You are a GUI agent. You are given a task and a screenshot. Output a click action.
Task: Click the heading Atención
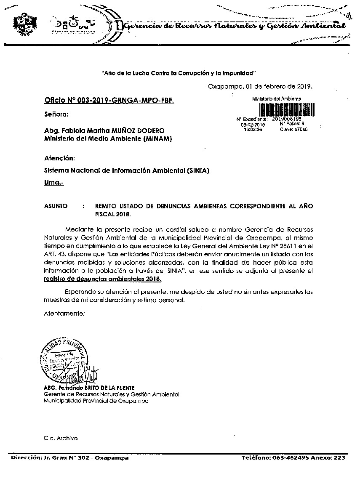tap(59, 159)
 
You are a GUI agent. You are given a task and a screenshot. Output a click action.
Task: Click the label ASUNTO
tap(56, 206)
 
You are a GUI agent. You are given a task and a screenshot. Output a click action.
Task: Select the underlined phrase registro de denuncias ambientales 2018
tap(102, 279)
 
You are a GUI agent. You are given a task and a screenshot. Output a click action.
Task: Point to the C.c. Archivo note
tap(61, 438)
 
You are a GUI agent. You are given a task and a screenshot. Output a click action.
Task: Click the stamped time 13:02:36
tap(253, 130)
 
